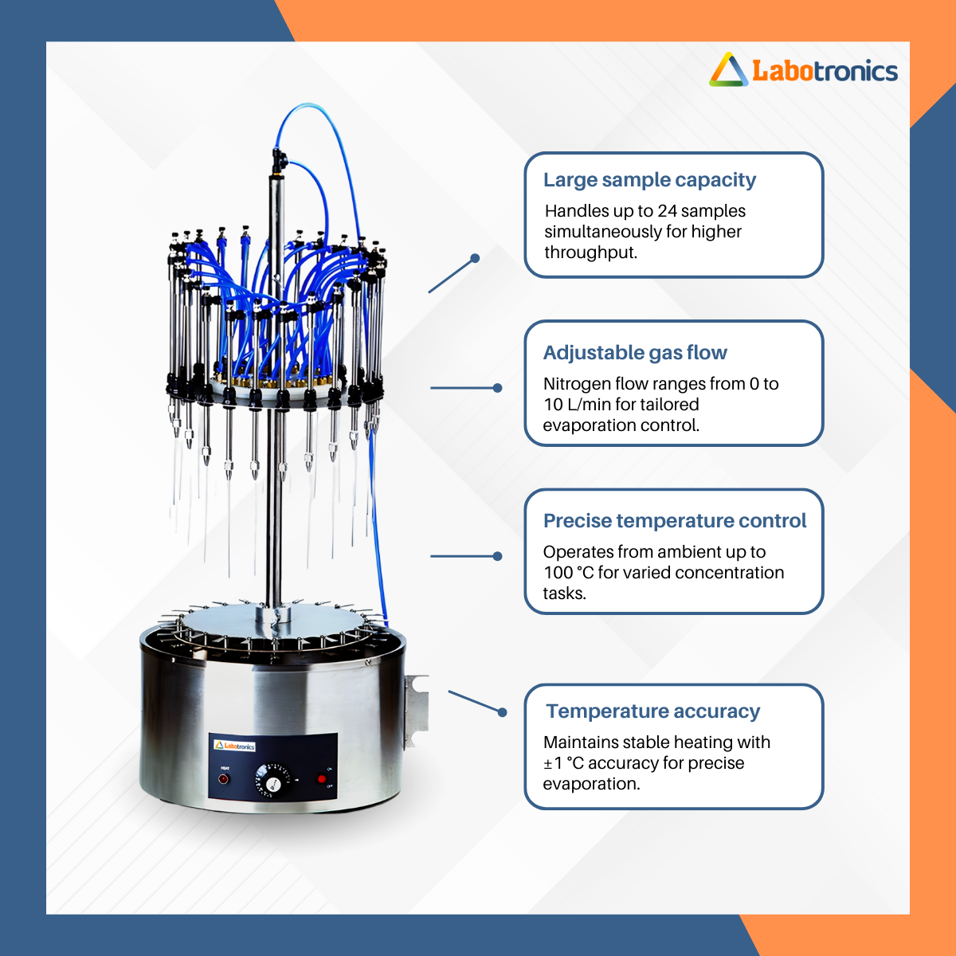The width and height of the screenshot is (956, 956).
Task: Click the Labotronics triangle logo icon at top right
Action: click(728, 70)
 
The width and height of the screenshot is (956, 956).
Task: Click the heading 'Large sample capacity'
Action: click(649, 179)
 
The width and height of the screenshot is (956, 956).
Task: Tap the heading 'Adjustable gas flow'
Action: click(635, 353)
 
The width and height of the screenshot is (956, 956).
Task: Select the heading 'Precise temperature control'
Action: click(675, 521)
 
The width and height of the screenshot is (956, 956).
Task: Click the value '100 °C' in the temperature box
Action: click(569, 573)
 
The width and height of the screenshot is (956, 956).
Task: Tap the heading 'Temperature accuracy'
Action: click(653, 711)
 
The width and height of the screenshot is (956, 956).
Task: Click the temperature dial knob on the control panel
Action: click(272, 782)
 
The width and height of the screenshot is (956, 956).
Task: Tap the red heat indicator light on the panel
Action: click(224, 779)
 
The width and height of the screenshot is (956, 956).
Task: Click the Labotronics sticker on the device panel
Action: click(235, 746)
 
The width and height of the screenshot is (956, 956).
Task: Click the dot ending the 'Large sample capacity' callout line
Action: click(476, 258)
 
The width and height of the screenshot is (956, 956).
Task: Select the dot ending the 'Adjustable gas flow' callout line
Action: click(498, 388)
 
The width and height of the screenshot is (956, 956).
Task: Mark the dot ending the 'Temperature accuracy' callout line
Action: click(502, 712)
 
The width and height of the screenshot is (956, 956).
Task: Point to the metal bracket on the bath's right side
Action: click(416, 711)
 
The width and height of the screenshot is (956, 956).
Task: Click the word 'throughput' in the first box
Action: click(590, 253)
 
